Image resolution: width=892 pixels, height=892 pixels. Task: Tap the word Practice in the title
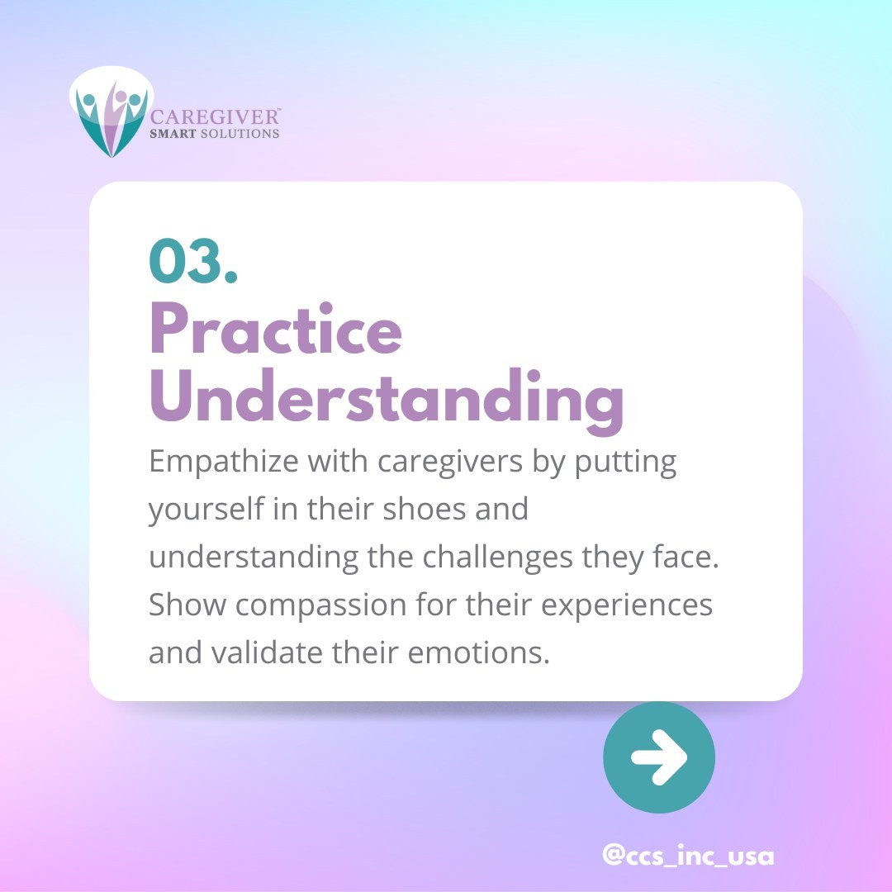pyautogui.click(x=276, y=330)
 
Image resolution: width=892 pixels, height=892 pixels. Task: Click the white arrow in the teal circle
pyautogui.click(x=658, y=757)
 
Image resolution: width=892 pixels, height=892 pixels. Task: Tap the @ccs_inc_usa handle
pyautogui.click(x=688, y=856)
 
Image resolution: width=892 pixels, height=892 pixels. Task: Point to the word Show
pyautogui.click(x=186, y=605)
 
